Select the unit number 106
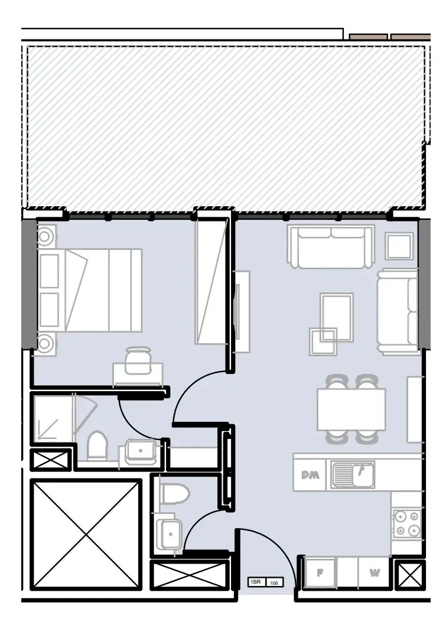[x=274, y=583]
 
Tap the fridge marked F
[x=320, y=572]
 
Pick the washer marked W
[x=375, y=572]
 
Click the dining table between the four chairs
[x=351, y=409]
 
